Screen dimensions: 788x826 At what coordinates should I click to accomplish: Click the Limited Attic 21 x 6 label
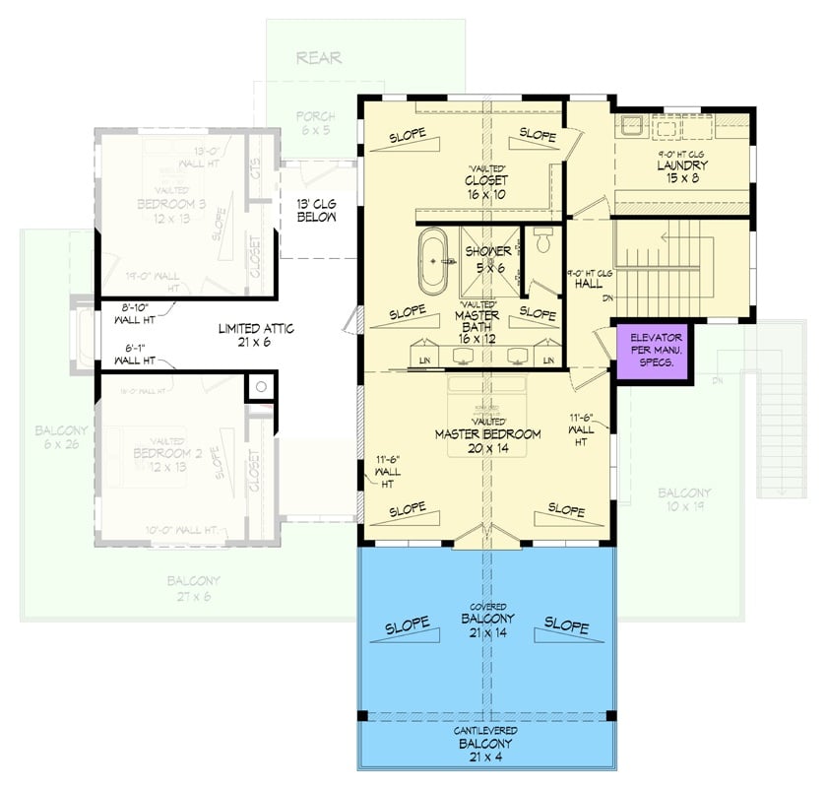256,335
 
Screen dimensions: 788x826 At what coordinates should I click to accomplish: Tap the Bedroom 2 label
160,459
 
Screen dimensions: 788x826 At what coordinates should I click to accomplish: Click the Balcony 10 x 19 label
684,498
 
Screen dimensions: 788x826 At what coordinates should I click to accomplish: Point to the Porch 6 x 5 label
316,124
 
